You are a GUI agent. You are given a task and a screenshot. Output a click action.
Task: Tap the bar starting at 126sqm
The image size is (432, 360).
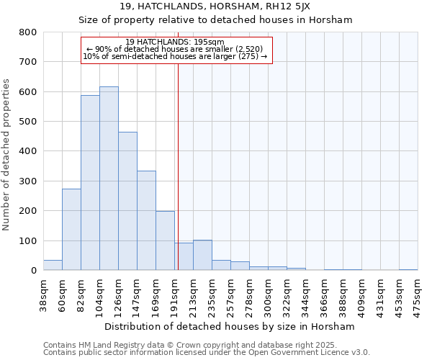point(127,201)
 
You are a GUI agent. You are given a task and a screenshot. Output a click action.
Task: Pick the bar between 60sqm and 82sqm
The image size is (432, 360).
point(71,230)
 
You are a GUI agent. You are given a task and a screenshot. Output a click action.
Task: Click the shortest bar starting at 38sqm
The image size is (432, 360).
point(53,265)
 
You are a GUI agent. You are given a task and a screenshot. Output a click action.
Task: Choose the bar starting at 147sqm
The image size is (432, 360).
point(146,220)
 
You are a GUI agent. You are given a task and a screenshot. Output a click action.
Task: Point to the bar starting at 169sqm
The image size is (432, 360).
point(165,240)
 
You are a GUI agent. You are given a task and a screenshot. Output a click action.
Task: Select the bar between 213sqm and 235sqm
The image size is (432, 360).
point(202,255)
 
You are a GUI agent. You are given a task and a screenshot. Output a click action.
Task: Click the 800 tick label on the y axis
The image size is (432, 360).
point(27,32)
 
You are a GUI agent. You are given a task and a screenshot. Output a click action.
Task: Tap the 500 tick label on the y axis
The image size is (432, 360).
point(27,122)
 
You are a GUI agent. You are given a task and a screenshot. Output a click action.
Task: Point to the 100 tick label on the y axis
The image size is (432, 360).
point(27,240)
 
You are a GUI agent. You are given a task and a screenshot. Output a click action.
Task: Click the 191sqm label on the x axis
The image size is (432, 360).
point(175,294)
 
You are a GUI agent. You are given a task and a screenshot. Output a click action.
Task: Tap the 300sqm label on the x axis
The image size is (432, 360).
point(269,294)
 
